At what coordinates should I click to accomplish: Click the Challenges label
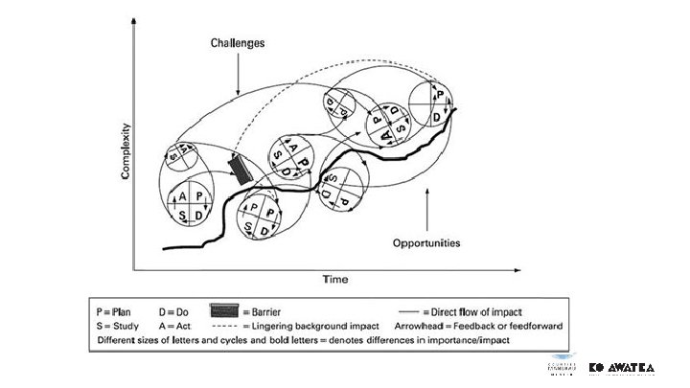click(x=238, y=43)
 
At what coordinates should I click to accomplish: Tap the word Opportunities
click(x=426, y=242)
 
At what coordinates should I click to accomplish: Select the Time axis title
click(x=334, y=279)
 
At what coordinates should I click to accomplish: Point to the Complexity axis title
click(x=125, y=154)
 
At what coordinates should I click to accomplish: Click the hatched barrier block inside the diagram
click(x=240, y=169)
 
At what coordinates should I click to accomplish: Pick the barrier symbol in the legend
click(x=223, y=311)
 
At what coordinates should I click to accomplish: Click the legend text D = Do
click(x=172, y=311)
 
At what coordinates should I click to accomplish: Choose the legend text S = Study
click(x=121, y=326)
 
